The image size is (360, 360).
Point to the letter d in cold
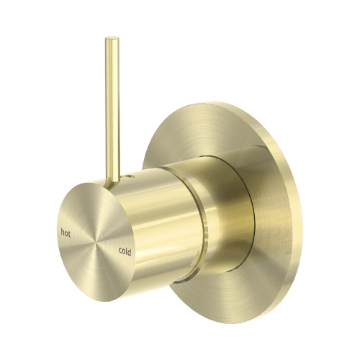[130, 252]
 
